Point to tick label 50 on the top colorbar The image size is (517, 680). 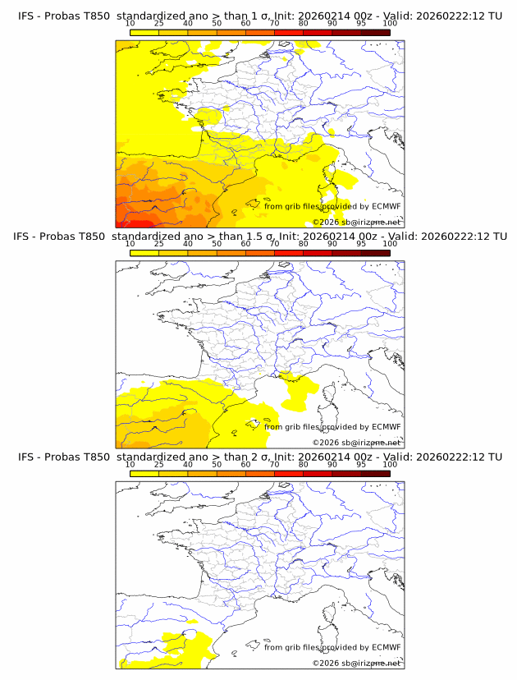click(x=217, y=24)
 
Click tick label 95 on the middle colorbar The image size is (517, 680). click(x=361, y=244)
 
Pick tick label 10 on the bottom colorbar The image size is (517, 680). click(x=130, y=464)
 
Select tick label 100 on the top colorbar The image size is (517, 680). click(x=390, y=24)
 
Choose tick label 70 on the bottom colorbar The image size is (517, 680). click(x=274, y=464)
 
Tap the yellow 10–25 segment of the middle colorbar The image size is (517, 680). click(x=144, y=252)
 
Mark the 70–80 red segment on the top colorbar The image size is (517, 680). click(x=289, y=32)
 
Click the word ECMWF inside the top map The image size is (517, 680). click(x=387, y=206)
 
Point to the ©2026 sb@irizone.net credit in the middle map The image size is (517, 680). click(x=356, y=442)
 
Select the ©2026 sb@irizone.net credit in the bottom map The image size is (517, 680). click(x=356, y=662)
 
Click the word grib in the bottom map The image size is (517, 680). click(x=299, y=646)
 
